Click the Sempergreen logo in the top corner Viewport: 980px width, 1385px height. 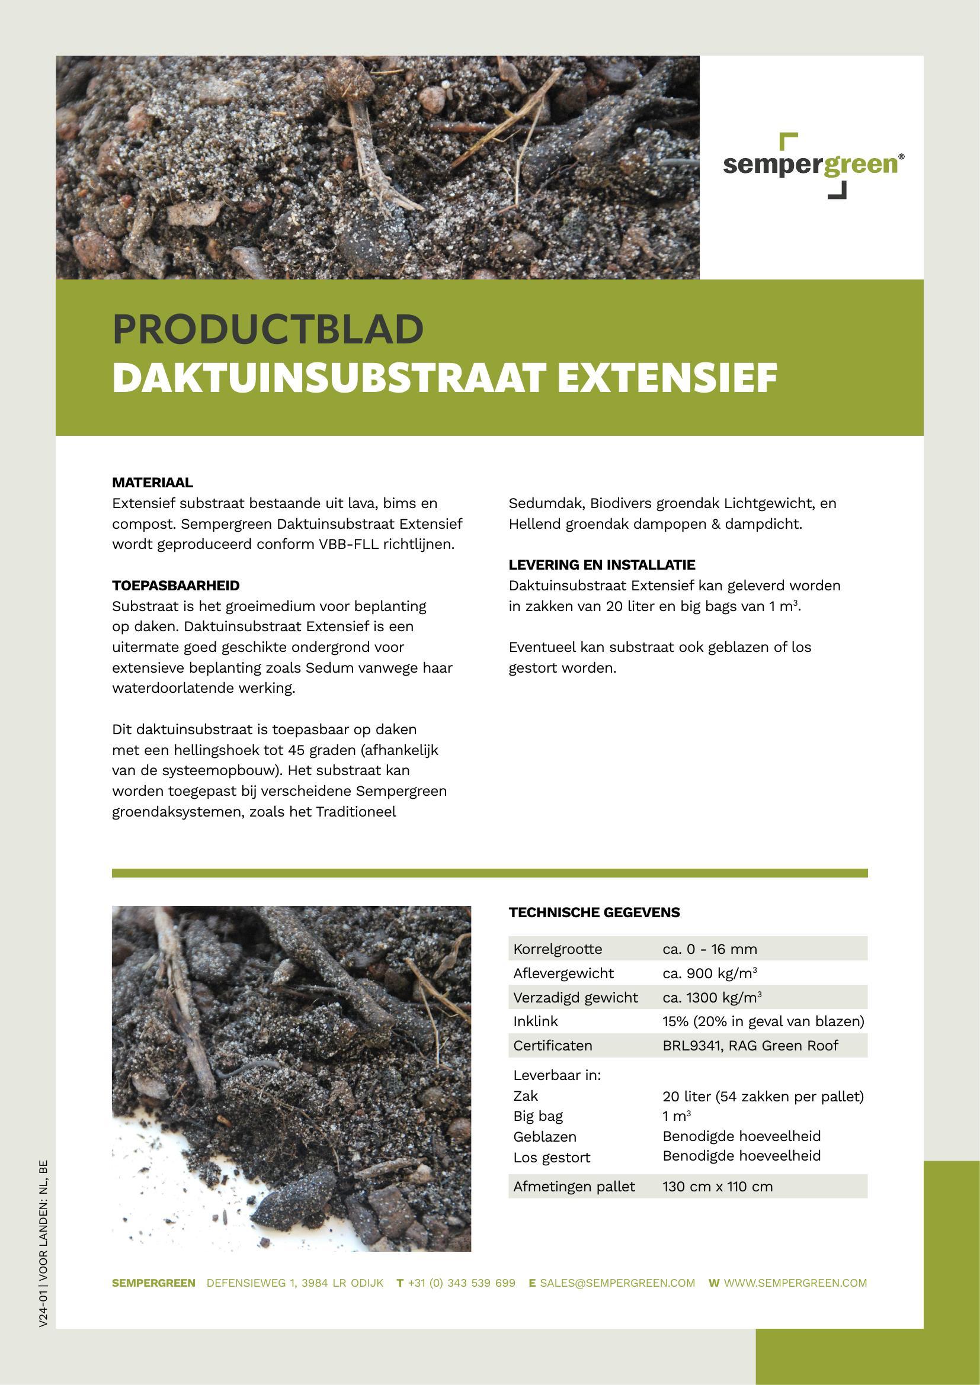point(813,165)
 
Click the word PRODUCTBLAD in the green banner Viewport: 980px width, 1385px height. point(268,329)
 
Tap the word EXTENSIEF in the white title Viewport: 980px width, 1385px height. point(667,378)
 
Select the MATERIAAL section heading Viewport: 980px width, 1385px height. point(153,483)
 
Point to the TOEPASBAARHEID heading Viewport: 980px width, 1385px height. point(175,585)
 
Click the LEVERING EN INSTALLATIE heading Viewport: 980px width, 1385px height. point(601,565)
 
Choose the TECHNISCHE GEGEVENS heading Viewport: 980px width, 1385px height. point(594,912)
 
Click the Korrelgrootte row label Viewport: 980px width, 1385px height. point(558,949)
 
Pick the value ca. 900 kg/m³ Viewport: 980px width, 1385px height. point(710,973)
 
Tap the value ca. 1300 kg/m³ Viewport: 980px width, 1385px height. point(712,997)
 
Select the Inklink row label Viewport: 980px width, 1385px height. point(535,1021)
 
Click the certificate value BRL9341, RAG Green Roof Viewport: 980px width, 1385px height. point(750,1045)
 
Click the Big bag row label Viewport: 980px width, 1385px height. point(537,1116)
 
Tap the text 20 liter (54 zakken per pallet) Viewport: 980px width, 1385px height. point(763,1096)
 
